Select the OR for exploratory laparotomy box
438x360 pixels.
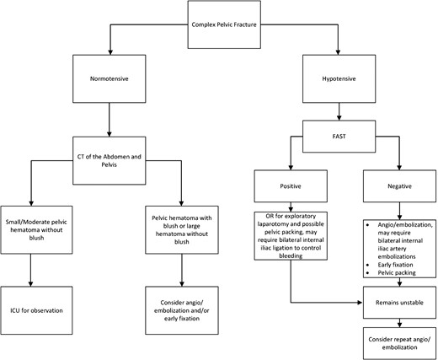click(x=291, y=239)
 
